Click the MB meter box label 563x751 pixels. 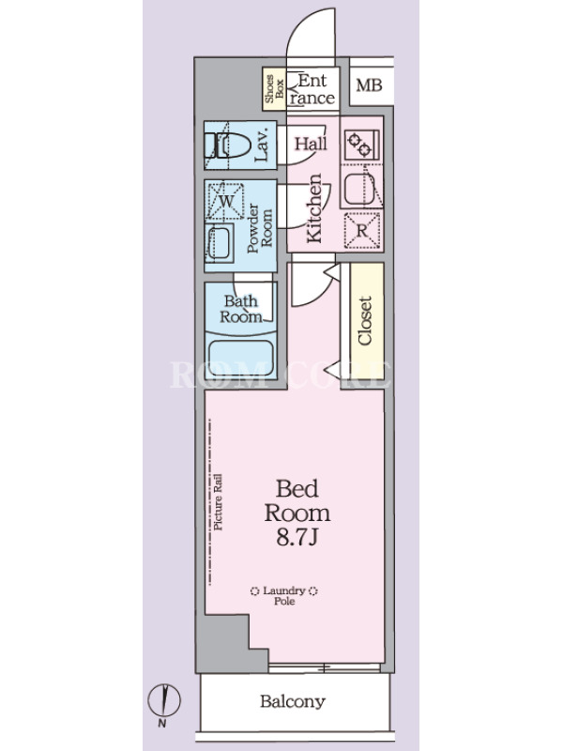click(369, 85)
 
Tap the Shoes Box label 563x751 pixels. click(274, 88)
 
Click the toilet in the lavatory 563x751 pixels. click(228, 146)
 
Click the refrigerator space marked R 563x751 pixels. click(362, 231)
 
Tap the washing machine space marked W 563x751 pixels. click(225, 201)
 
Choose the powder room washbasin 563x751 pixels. click(220, 243)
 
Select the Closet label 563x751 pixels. click(365, 320)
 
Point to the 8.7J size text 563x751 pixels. click(297, 538)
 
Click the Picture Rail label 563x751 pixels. click(218, 502)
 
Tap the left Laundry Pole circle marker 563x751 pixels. click(254, 591)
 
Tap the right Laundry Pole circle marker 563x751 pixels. click(312, 591)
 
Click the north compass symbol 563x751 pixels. click(163, 700)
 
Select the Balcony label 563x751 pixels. click(293, 701)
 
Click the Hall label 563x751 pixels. click(311, 144)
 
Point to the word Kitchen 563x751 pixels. click(314, 207)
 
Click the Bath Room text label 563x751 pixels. click(241, 309)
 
